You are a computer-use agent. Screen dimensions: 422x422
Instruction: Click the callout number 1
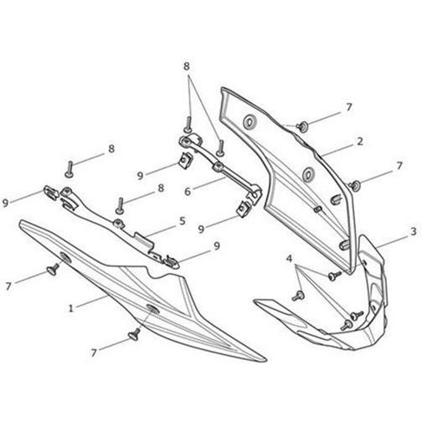pos(71,308)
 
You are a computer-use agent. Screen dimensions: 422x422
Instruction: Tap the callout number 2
pos(360,142)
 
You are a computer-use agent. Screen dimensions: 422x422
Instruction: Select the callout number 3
pos(414,231)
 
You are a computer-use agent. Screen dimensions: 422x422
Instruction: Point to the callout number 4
pos(290,259)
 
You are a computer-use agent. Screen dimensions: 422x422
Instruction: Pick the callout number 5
pos(182,221)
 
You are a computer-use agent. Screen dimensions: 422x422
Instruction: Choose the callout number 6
pos(188,192)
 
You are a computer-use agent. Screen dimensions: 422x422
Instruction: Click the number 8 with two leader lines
pos(187,66)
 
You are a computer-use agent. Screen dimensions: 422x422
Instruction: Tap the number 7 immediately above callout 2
pos(349,107)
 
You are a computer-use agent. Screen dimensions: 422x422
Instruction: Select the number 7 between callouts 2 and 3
pos(399,166)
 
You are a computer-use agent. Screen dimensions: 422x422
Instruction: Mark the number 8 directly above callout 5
pos(161,188)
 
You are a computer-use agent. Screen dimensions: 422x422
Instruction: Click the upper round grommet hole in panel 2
pos(250,122)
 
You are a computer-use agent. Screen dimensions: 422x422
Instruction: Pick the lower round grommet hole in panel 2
pos(308,174)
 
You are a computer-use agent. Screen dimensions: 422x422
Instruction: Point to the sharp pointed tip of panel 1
pos(265,360)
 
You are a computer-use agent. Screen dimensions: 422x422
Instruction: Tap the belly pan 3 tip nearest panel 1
pos(255,301)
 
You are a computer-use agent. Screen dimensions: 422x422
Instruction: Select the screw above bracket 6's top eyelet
pos(188,125)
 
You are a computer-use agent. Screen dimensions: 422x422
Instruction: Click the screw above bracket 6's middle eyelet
pos(220,148)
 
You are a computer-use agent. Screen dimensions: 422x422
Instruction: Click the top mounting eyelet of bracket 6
pos(185,141)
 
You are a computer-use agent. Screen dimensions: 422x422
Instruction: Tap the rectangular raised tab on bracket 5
pos(144,240)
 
